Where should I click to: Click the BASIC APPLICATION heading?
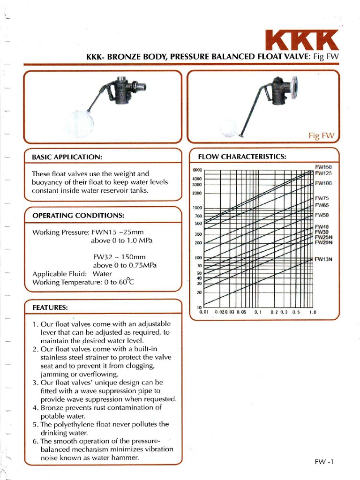(x=67, y=156)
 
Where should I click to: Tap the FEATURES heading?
(x=50, y=307)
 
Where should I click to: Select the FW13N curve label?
(x=323, y=259)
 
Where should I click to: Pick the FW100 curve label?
(x=323, y=183)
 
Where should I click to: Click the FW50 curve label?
(x=322, y=215)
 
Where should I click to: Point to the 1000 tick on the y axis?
(x=197, y=208)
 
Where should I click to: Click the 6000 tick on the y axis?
(x=197, y=170)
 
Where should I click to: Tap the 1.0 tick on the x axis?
(x=313, y=312)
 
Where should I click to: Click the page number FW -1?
(x=324, y=462)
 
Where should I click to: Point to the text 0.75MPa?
(x=140, y=265)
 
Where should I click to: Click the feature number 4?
(x=35, y=407)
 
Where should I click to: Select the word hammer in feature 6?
(x=128, y=457)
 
